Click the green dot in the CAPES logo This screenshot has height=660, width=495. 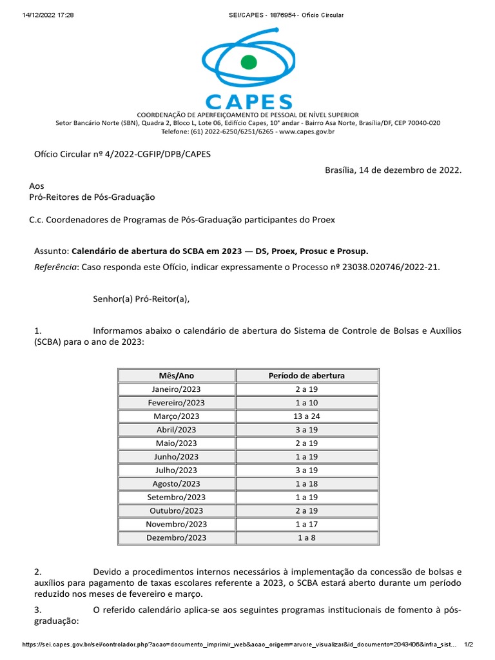coord(247,62)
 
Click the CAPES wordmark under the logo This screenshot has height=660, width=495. coord(248,102)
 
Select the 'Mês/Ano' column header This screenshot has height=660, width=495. coord(176,375)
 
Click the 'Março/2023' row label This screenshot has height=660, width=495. coord(176,416)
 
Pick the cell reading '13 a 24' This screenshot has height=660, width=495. coord(306,416)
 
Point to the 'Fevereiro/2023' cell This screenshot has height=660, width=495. coord(176,402)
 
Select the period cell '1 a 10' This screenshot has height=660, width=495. coord(306,402)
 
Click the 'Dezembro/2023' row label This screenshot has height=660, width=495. coord(176,538)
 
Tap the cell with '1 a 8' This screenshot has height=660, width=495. coord(306,538)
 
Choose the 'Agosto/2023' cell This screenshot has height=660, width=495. coord(176,483)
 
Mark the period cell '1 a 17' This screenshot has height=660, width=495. coord(306,524)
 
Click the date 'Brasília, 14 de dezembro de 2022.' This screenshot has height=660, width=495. coord(393,170)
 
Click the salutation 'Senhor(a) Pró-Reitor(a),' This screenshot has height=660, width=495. coord(142,298)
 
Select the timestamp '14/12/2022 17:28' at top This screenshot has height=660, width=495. coord(48,15)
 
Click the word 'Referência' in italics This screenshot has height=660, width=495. coord(54,266)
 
